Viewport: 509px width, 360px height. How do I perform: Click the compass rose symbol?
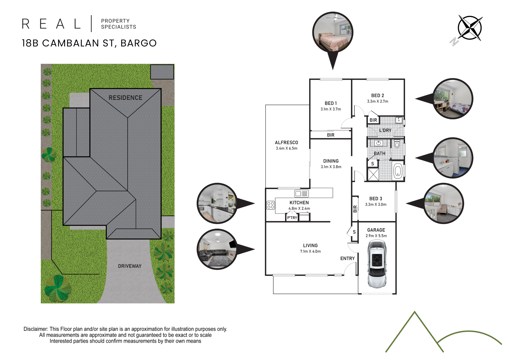(x=470, y=28)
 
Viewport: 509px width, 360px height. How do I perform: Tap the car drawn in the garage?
(x=377, y=264)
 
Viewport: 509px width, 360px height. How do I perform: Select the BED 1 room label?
(x=331, y=103)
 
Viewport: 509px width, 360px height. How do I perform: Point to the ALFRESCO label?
(x=286, y=143)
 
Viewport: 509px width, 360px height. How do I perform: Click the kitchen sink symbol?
(x=301, y=193)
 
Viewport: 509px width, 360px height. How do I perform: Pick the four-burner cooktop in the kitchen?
(x=270, y=205)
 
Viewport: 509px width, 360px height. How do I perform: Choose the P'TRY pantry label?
(x=292, y=218)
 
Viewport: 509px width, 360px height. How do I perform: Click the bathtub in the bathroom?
(x=398, y=171)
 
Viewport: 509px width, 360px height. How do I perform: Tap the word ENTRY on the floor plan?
(x=347, y=258)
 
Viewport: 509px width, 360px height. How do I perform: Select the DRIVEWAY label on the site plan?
(x=130, y=266)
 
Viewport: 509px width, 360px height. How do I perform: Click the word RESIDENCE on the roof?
(x=125, y=98)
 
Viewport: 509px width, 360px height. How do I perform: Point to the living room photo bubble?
(x=217, y=249)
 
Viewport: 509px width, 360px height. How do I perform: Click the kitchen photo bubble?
(x=217, y=203)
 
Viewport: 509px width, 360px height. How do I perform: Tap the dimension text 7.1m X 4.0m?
(x=310, y=251)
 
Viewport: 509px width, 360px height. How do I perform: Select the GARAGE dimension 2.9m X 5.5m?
(x=376, y=236)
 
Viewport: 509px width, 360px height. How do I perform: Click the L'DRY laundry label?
(x=385, y=130)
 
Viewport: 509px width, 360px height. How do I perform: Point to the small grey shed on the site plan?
(x=162, y=72)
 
